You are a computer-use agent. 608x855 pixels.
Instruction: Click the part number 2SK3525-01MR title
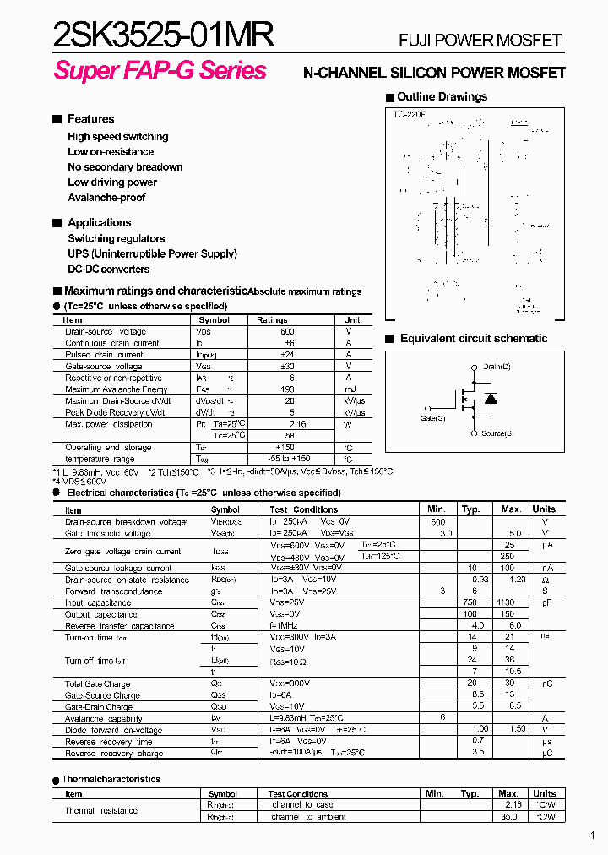(x=163, y=36)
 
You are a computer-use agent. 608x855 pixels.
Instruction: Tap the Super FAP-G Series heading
(x=160, y=71)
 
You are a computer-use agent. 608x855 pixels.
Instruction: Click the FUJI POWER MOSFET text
(x=479, y=41)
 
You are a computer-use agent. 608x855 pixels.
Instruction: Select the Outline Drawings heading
(x=442, y=97)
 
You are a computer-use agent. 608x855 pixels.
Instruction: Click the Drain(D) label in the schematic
(x=497, y=367)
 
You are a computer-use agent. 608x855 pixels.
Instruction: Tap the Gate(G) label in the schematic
(x=433, y=418)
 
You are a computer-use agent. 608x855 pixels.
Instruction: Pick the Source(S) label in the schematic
(x=497, y=433)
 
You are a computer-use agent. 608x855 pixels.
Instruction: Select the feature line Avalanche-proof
(x=106, y=198)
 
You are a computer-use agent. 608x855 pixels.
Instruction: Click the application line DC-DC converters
(x=109, y=270)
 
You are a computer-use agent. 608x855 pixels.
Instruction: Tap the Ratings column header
(x=272, y=320)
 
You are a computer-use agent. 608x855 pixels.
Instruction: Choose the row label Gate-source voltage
(x=104, y=367)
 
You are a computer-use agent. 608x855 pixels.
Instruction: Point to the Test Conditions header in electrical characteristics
(x=303, y=509)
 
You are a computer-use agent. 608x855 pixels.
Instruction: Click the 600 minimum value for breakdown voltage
(x=437, y=522)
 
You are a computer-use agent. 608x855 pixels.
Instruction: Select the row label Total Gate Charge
(x=97, y=683)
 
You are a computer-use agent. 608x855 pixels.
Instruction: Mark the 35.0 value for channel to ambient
(x=508, y=817)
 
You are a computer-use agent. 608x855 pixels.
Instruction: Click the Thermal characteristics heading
(x=111, y=779)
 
